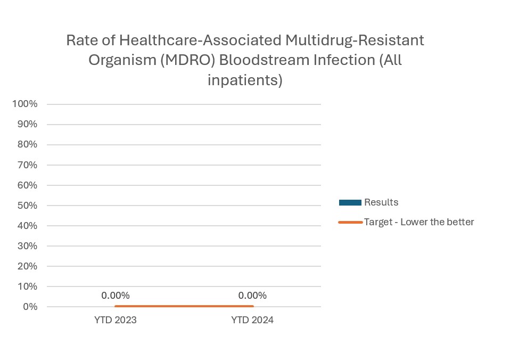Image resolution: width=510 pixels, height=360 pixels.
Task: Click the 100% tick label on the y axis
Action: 25,104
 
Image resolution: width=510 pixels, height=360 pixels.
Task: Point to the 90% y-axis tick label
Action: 27,124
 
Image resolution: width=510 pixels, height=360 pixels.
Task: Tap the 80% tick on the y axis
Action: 27,144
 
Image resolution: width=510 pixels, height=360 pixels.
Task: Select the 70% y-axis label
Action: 27,165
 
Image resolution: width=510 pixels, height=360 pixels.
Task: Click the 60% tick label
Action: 27,185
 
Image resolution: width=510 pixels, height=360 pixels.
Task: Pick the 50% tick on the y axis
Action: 27,206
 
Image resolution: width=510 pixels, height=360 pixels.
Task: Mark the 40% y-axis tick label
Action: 27,226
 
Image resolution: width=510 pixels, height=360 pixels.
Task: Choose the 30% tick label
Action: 27,246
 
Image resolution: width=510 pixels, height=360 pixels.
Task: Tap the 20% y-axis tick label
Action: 27,266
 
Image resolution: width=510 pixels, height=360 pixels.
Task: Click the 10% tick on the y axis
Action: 27,287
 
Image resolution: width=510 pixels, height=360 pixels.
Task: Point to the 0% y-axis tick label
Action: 29,307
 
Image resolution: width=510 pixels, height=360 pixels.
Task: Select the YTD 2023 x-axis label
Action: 116,321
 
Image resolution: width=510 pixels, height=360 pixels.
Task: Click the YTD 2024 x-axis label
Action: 252,321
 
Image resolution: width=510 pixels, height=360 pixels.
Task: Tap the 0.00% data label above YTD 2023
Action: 116,296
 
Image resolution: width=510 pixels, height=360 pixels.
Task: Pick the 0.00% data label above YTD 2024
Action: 252,296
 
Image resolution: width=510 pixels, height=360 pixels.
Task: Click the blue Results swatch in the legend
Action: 350,202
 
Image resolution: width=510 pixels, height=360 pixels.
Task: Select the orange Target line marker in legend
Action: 350,222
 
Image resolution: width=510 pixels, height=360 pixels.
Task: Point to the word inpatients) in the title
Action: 244,80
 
